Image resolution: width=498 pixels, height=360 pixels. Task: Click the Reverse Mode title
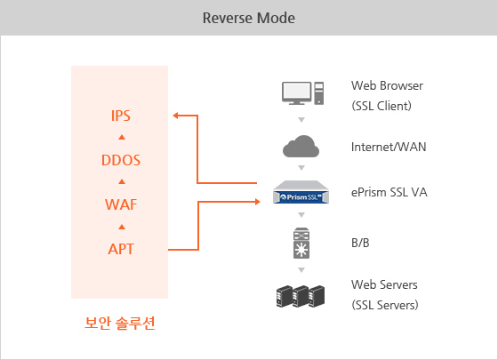(249, 18)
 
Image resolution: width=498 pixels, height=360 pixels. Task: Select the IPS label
(121, 116)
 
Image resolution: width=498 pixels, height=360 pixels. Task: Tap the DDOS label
(121, 160)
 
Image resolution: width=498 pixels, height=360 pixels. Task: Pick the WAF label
(121, 204)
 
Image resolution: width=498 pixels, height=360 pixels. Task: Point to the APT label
(121, 249)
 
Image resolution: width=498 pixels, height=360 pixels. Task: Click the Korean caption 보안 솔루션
(120, 324)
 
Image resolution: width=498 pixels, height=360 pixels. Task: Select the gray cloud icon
(301, 146)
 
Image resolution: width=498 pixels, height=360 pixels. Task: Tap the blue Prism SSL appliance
(301, 192)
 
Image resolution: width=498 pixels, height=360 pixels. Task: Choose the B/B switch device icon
(301, 244)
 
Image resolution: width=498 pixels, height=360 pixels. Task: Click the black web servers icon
(301, 296)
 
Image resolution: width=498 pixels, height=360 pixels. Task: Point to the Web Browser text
(387, 85)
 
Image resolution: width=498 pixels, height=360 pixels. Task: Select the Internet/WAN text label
(389, 147)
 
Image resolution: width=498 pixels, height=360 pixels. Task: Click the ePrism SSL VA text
(390, 192)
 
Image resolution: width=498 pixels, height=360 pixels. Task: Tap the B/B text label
(360, 244)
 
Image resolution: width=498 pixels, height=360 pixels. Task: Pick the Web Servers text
(384, 284)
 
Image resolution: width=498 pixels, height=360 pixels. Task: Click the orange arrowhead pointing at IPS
(176, 116)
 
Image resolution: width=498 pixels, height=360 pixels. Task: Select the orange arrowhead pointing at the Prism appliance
(258, 202)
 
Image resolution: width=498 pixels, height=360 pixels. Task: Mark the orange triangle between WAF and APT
(122, 227)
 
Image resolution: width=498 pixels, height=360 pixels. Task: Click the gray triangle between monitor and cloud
(301, 120)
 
